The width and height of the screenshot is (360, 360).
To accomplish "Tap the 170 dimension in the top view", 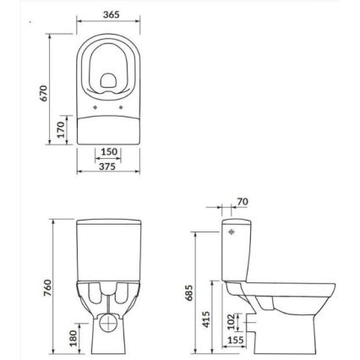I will [60, 130].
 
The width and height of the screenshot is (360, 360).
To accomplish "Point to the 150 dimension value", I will [109, 152].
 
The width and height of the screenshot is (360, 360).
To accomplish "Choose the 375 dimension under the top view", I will [109, 166].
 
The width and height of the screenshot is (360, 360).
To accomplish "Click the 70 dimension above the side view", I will [243, 202].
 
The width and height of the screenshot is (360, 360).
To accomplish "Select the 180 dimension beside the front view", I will [73, 336].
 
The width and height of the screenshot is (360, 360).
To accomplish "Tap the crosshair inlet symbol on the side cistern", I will [232, 231].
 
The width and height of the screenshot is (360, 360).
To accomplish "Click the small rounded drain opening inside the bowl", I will [109, 81].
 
